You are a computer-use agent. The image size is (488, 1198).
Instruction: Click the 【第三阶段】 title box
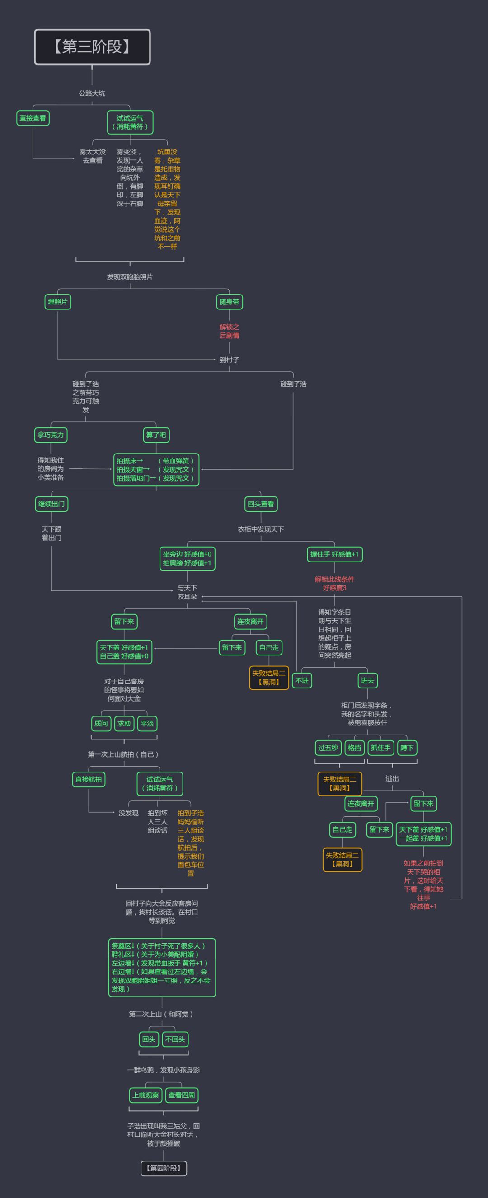click(92, 47)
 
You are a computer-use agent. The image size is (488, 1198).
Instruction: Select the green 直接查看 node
click(33, 118)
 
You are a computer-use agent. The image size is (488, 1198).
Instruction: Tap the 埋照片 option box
click(58, 302)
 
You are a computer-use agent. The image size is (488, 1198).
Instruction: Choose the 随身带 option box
click(230, 302)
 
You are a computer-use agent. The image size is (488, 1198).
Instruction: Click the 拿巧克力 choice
click(51, 435)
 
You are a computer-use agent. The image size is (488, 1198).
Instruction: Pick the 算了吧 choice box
click(156, 435)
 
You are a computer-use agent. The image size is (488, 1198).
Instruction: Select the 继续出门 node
click(52, 504)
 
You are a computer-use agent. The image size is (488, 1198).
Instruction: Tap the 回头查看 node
click(261, 504)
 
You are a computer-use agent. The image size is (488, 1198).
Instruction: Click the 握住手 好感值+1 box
click(334, 554)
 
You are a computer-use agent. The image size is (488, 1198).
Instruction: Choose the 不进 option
click(302, 680)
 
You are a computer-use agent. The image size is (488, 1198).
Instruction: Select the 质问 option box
click(101, 723)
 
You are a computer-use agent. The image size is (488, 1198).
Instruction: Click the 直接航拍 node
click(89, 779)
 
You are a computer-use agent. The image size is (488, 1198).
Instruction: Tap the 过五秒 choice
click(328, 748)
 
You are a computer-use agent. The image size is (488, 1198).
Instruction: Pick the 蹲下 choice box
click(407, 748)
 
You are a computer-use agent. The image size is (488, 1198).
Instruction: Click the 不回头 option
click(175, 1039)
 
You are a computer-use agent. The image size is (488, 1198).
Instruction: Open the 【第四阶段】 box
click(163, 1168)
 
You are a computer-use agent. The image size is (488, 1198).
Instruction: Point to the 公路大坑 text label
click(92, 93)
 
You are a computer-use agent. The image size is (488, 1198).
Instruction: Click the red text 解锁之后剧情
click(230, 331)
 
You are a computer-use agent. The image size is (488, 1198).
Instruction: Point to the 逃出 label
click(392, 778)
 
